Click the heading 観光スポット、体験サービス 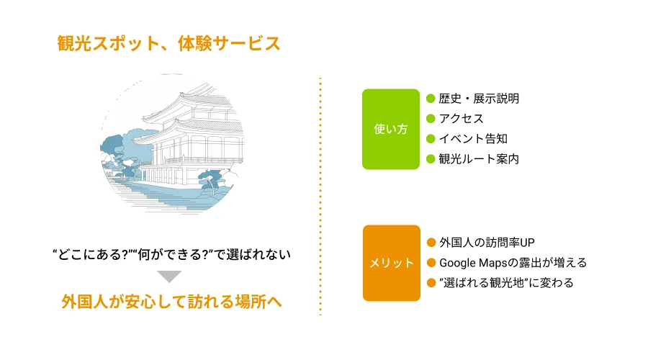[168, 43]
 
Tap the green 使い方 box [390, 130]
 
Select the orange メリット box [390, 263]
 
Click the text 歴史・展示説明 [478, 99]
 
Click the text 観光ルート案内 [478, 159]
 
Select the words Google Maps [469, 263]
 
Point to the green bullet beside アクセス [431, 119]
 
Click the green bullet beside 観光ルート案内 [431, 159]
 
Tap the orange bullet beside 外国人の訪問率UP [431, 242]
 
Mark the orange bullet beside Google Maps [431, 263]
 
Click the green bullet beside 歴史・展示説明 [431, 99]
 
